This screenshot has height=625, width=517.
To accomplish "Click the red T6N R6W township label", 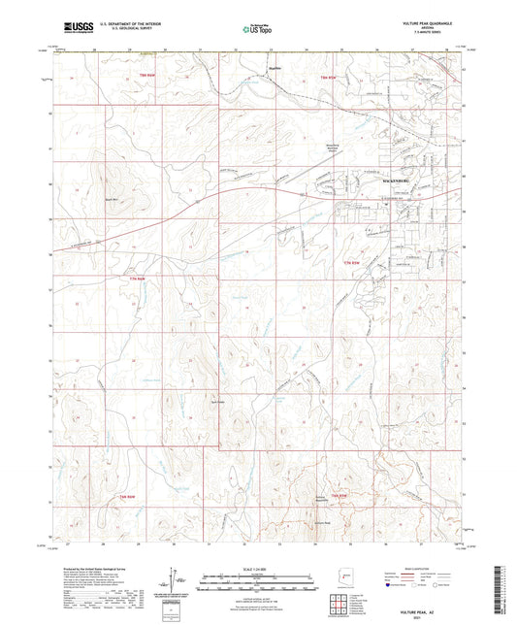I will (x=123, y=496).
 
